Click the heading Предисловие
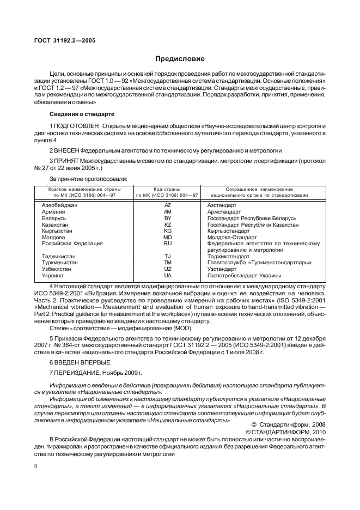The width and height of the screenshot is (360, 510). click(180, 58)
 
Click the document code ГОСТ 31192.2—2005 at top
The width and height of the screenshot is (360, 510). click(62, 40)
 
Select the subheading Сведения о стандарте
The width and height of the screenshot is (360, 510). click(82, 114)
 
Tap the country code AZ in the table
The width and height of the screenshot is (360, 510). click(168, 205)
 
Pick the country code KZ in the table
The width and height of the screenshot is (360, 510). click(168, 224)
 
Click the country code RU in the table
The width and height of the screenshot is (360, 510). click(168, 244)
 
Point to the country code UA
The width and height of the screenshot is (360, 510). click(168, 276)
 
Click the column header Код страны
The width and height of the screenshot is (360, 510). click(167, 188)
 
